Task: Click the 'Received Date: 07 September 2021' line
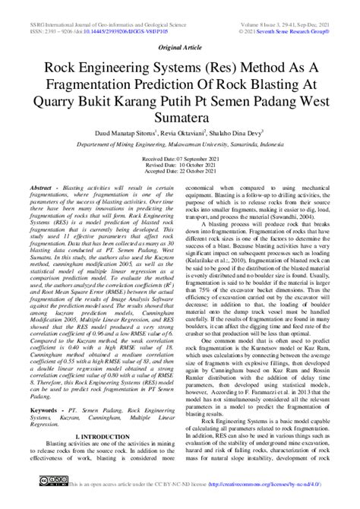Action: (x=180, y=159)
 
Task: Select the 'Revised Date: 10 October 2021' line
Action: (x=180, y=166)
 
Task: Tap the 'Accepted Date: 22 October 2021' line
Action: (x=180, y=173)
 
